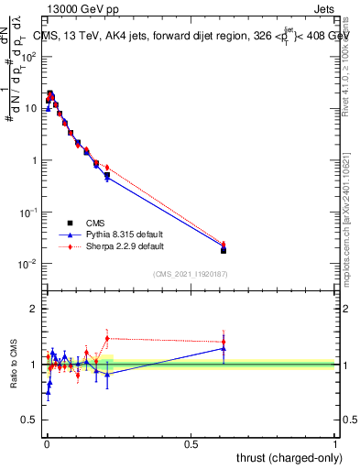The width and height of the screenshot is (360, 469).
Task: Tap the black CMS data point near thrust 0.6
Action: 224,250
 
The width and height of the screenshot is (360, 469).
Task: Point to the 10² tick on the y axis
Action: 28,56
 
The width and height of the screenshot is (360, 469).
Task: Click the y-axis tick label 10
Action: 31,108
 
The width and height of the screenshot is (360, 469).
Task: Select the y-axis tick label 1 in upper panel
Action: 35,160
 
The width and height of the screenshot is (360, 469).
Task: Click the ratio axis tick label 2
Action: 35,309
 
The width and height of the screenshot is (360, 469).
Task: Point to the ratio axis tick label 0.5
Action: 30,420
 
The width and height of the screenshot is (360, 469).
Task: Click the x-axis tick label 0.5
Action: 191,444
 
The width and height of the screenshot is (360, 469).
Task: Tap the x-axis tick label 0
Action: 46,444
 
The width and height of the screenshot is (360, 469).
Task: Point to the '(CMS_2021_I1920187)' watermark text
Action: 191,274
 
